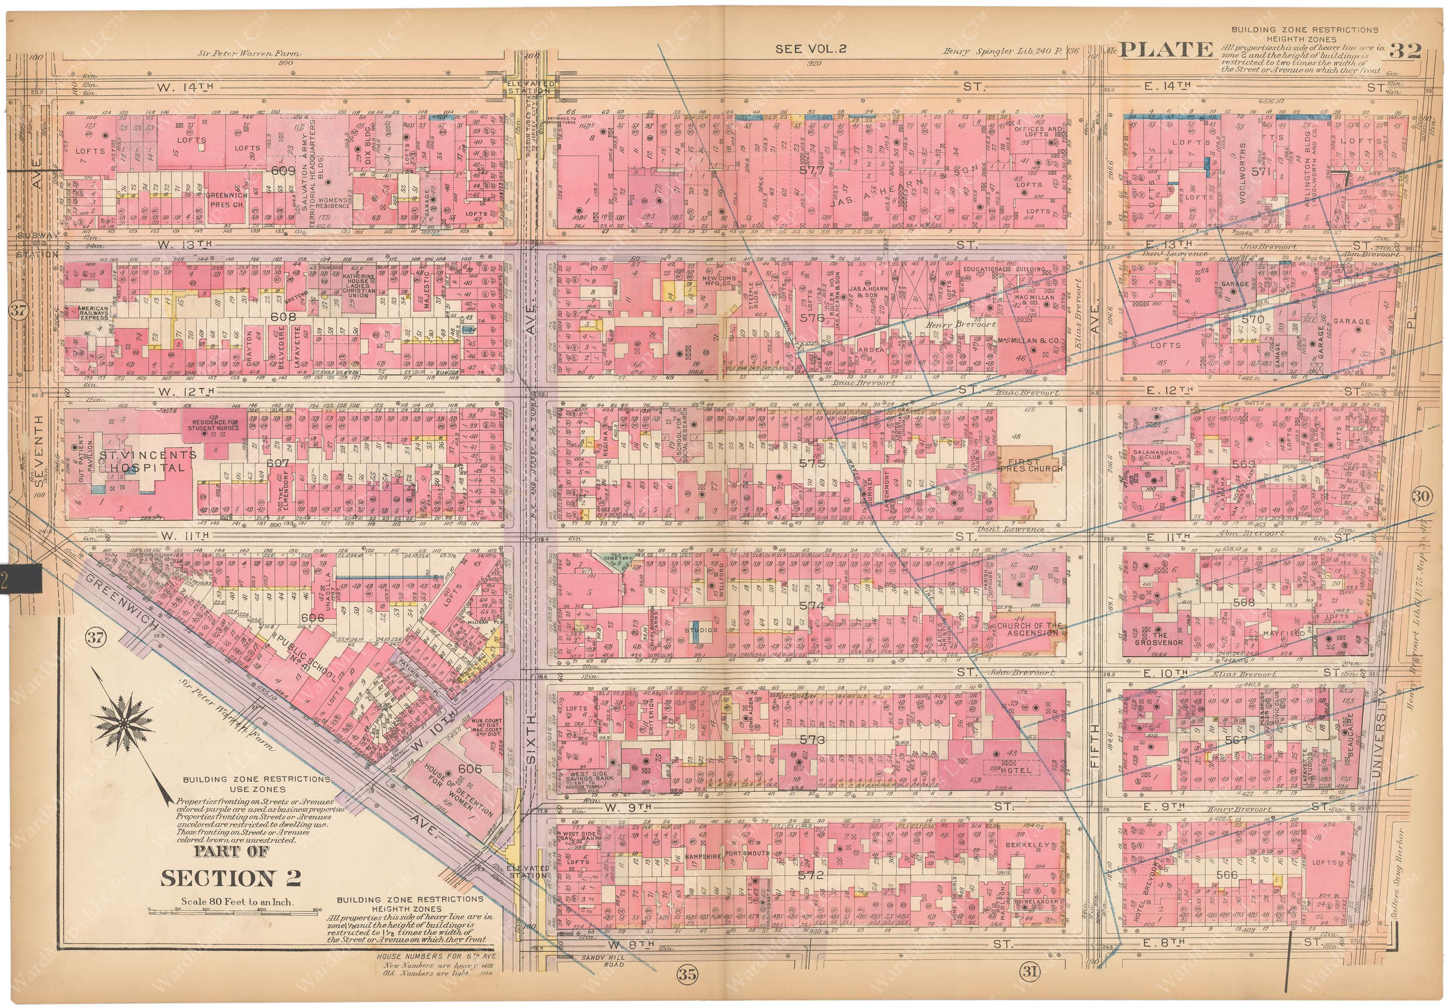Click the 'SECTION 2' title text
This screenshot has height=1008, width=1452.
pyautogui.click(x=230, y=878)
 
